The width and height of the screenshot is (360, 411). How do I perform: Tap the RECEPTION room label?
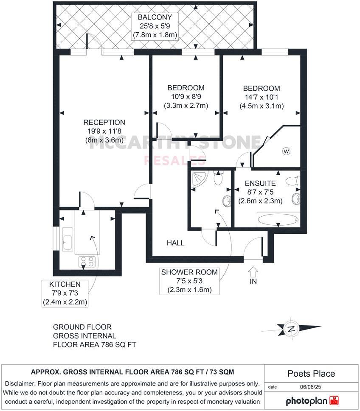click(104, 123)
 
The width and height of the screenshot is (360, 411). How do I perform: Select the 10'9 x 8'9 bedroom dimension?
click(186, 97)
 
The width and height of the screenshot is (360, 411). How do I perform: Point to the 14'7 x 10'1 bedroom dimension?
click(261, 98)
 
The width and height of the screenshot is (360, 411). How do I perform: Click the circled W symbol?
click(286, 151)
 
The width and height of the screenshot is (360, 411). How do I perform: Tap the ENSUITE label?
click(260, 184)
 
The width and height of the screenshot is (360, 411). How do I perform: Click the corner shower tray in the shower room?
click(198, 179)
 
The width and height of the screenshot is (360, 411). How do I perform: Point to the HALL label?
click(175, 243)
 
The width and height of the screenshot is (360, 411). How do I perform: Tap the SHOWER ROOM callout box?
click(189, 281)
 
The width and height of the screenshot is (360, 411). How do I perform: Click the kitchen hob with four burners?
click(87, 262)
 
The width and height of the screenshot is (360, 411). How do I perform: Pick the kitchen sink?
click(67, 240)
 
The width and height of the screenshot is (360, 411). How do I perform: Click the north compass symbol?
click(292, 329)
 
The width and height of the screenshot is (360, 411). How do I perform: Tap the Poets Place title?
click(311, 374)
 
